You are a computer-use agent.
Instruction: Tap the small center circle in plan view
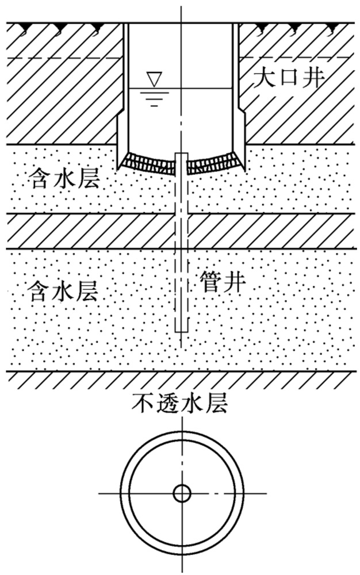[x=182, y=493]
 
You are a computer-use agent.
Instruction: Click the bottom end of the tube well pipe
[x=181, y=330]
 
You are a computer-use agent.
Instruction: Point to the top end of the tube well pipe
[x=181, y=155]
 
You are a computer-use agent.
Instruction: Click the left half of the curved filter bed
[x=151, y=164]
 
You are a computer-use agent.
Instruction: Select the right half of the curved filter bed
[x=213, y=164]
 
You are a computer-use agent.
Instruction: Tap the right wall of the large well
[x=236, y=69]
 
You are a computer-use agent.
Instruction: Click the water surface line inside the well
[x=201, y=89]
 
